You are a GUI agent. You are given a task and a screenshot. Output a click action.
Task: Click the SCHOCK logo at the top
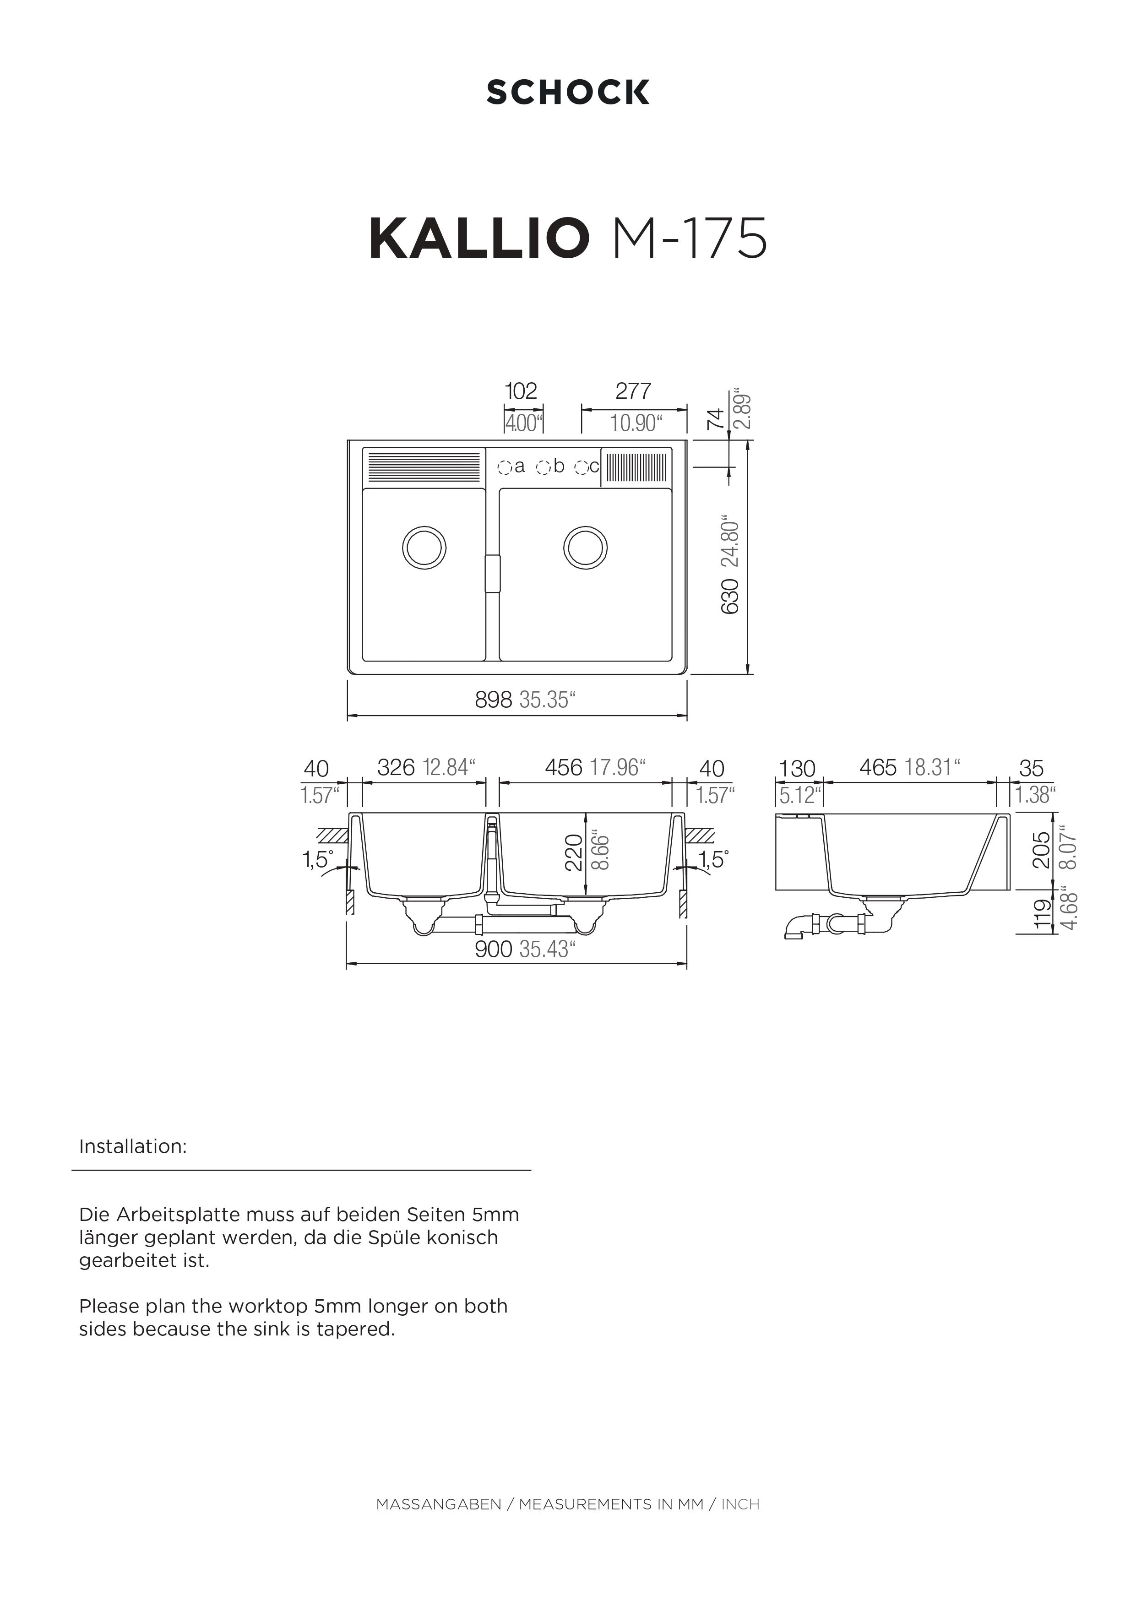pos(567,92)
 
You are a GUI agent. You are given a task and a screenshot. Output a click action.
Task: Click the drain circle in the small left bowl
pos(424,546)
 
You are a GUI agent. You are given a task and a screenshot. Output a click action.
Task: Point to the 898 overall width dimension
pos(494,700)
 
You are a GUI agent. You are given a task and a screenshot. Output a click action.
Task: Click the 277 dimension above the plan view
pos(633,391)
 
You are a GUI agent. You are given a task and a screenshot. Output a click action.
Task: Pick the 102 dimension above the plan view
pos(521,391)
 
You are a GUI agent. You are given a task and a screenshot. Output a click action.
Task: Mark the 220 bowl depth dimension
pos(574,852)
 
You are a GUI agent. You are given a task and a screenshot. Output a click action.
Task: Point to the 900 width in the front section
pos(494,949)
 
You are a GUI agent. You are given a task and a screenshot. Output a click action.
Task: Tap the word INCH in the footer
pos(740,1504)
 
